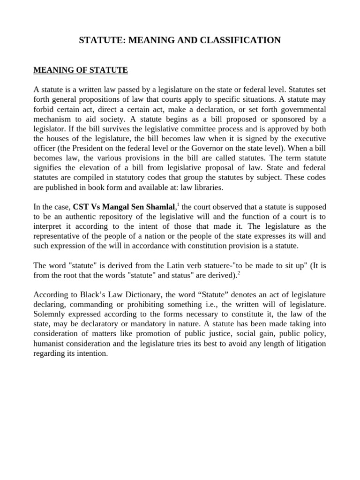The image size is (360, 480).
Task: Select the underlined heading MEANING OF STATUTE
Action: point(81,70)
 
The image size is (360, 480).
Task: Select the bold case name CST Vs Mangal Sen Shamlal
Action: point(124,207)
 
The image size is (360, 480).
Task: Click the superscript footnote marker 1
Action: point(178,204)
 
